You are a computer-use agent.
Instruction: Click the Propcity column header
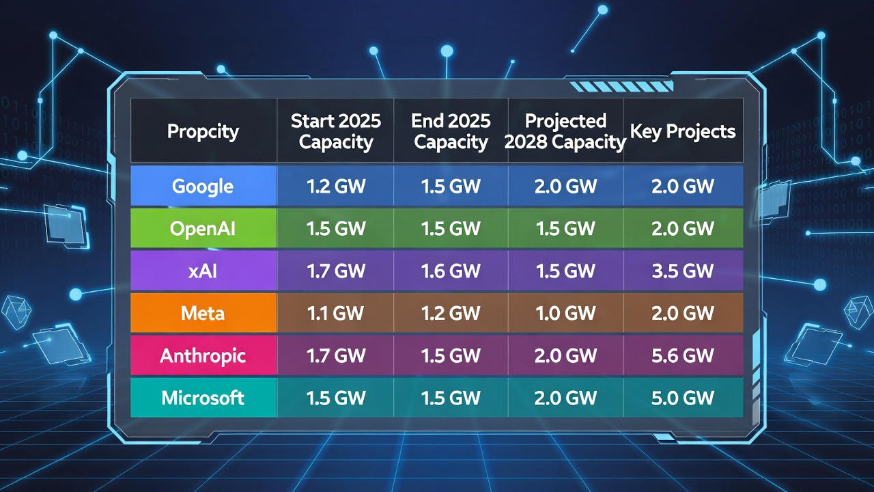click(203, 131)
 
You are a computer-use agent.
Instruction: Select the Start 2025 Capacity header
click(336, 131)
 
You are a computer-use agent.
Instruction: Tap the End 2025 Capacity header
click(451, 131)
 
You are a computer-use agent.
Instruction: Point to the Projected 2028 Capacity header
click(566, 131)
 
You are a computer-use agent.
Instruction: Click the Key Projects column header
click(683, 131)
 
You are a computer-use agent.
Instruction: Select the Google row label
click(203, 186)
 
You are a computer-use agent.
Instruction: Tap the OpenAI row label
click(203, 228)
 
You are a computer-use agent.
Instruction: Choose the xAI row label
click(203, 271)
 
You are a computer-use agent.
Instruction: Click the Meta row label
click(203, 313)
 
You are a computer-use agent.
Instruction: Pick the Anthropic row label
click(203, 355)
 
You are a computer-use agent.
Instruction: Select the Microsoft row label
click(203, 398)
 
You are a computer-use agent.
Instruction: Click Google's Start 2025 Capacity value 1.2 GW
click(336, 186)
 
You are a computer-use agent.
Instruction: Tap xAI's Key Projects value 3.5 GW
click(683, 271)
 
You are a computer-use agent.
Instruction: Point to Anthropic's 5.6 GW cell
click(683, 355)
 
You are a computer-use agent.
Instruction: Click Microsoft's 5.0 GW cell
click(683, 398)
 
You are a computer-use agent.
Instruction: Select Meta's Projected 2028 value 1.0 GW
click(566, 313)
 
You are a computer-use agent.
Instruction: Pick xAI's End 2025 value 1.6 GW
click(451, 271)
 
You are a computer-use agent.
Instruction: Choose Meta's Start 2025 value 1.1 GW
click(336, 313)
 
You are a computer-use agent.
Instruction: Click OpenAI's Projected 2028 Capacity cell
click(566, 228)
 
